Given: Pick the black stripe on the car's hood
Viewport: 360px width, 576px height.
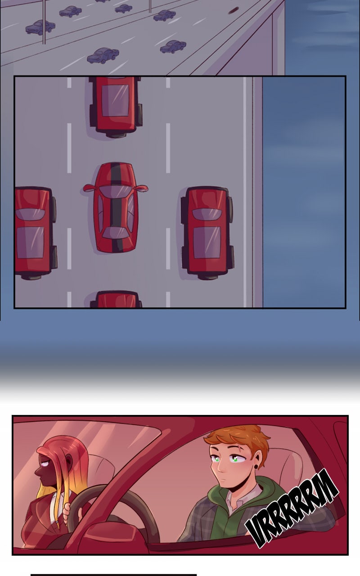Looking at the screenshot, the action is [x=116, y=173].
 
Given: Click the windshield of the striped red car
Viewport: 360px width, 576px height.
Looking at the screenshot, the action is [x=116, y=191].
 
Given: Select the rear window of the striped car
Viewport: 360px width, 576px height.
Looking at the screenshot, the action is [x=116, y=233].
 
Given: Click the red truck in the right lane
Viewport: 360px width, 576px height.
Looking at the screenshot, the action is [x=207, y=233].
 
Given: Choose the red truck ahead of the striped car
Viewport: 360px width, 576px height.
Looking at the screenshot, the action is [x=116, y=107].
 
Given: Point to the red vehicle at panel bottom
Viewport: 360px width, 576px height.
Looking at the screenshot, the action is [x=116, y=299].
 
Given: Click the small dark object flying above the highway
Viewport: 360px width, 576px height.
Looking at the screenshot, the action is [x=233, y=10].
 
